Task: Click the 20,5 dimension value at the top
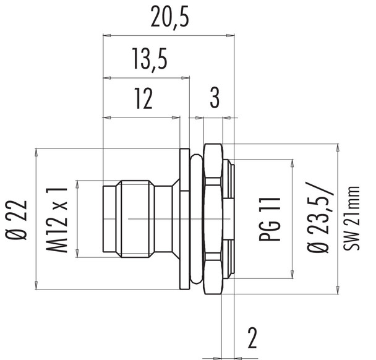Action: coord(168,20)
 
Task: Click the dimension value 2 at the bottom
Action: coord(252,338)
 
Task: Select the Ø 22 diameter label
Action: coord(19,218)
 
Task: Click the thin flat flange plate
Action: coord(184,218)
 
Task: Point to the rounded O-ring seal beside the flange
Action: coord(196,218)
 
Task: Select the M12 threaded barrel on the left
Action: coord(136,218)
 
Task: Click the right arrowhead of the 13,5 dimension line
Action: coord(186,78)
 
